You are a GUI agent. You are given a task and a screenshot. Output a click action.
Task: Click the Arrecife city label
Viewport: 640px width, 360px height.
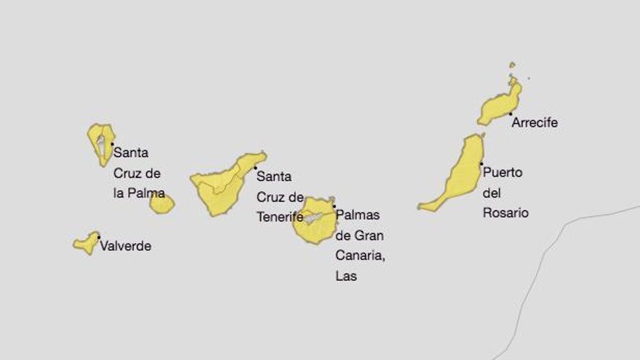[535, 123]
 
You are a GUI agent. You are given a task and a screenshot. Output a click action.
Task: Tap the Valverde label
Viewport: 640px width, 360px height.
[126, 246]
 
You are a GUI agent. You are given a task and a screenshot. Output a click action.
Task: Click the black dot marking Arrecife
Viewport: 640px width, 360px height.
[511, 114]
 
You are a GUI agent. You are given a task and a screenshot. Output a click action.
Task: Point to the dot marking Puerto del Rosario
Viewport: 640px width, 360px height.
[481, 164]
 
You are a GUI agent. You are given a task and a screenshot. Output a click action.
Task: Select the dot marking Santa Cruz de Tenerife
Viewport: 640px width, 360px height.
[255, 168]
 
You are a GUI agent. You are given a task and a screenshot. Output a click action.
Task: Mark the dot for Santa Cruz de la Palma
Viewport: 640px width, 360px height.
[112, 144]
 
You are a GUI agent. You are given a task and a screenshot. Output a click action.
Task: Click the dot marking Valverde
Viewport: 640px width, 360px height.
[99, 237]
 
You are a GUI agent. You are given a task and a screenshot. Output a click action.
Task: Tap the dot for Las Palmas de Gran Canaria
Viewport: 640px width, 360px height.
[334, 206]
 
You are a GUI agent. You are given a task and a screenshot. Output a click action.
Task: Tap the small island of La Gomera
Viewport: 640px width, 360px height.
[161, 204]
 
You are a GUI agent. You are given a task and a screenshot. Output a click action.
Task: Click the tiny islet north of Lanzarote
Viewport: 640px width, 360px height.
[512, 65]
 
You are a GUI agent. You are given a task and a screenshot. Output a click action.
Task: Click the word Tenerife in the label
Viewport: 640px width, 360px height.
[280, 217]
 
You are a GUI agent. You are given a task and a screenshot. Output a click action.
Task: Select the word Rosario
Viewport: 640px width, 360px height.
[505, 213]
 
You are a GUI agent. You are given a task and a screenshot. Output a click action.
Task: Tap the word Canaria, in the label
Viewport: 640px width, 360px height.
[359, 255]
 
